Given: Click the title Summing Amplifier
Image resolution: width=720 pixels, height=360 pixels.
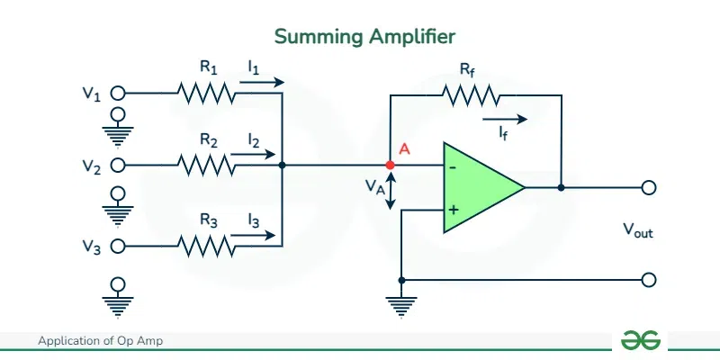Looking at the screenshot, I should [x=364, y=36].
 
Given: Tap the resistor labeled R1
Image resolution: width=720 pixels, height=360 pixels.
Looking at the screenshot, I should [x=206, y=92].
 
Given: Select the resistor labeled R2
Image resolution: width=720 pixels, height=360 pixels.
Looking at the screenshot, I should [x=206, y=166].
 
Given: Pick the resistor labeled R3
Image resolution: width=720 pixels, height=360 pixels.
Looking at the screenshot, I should [x=206, y=245].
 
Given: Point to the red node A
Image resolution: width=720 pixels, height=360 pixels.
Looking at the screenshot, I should [x=390, y=166].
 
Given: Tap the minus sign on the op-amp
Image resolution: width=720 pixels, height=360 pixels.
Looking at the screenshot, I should [x=453, y=166].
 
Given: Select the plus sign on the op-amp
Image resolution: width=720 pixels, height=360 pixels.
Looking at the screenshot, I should [x=453, y=210].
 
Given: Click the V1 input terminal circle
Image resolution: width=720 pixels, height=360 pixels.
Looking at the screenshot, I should [x=117, y=92].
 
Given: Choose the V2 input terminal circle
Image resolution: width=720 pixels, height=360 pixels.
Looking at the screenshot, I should [x=117, y=166].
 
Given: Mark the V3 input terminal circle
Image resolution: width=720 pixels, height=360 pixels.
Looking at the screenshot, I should [x=117, y=245].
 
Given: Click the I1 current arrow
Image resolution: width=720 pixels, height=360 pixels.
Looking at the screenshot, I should [x=262, y=82].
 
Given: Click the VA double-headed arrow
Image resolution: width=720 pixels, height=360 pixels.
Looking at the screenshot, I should [x=390, y=190].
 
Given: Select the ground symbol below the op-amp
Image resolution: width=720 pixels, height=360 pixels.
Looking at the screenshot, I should [x=400, y=306].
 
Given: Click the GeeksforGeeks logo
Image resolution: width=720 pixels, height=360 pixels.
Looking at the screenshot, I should [x=641, y=340].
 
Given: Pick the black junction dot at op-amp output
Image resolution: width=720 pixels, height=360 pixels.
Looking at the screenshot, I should [x=561, y=188].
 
